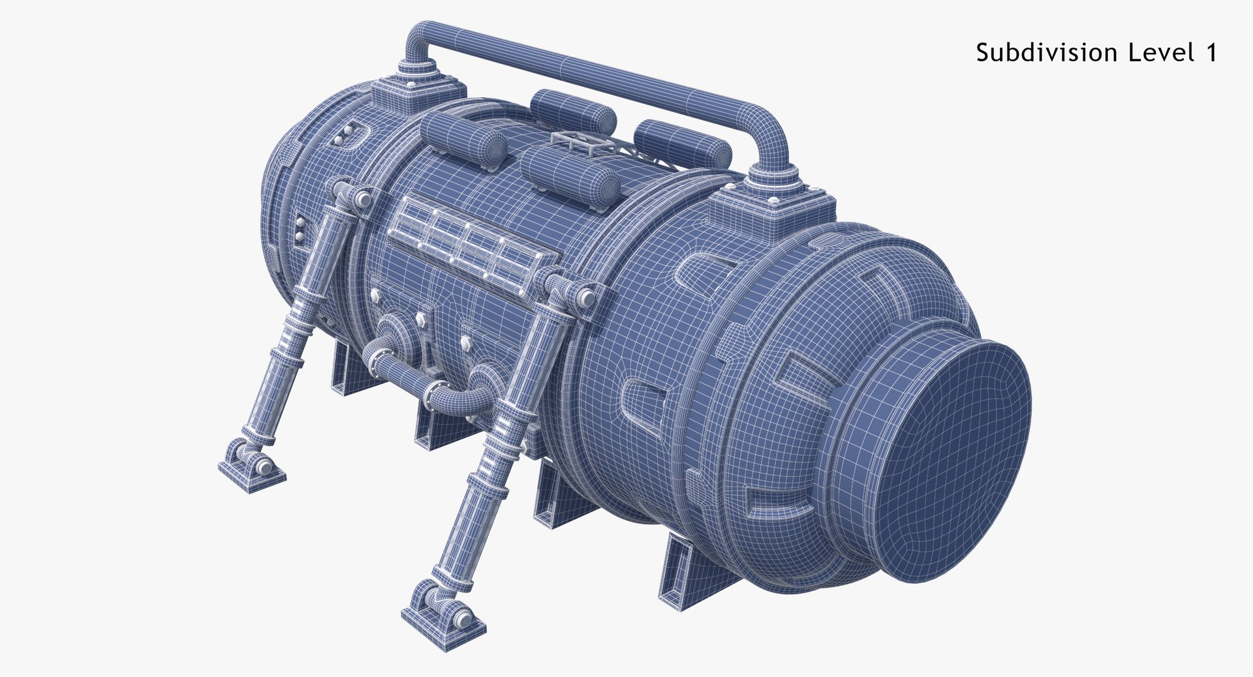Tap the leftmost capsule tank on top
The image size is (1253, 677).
[461, 138]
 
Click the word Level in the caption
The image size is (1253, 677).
[1155, 52]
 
